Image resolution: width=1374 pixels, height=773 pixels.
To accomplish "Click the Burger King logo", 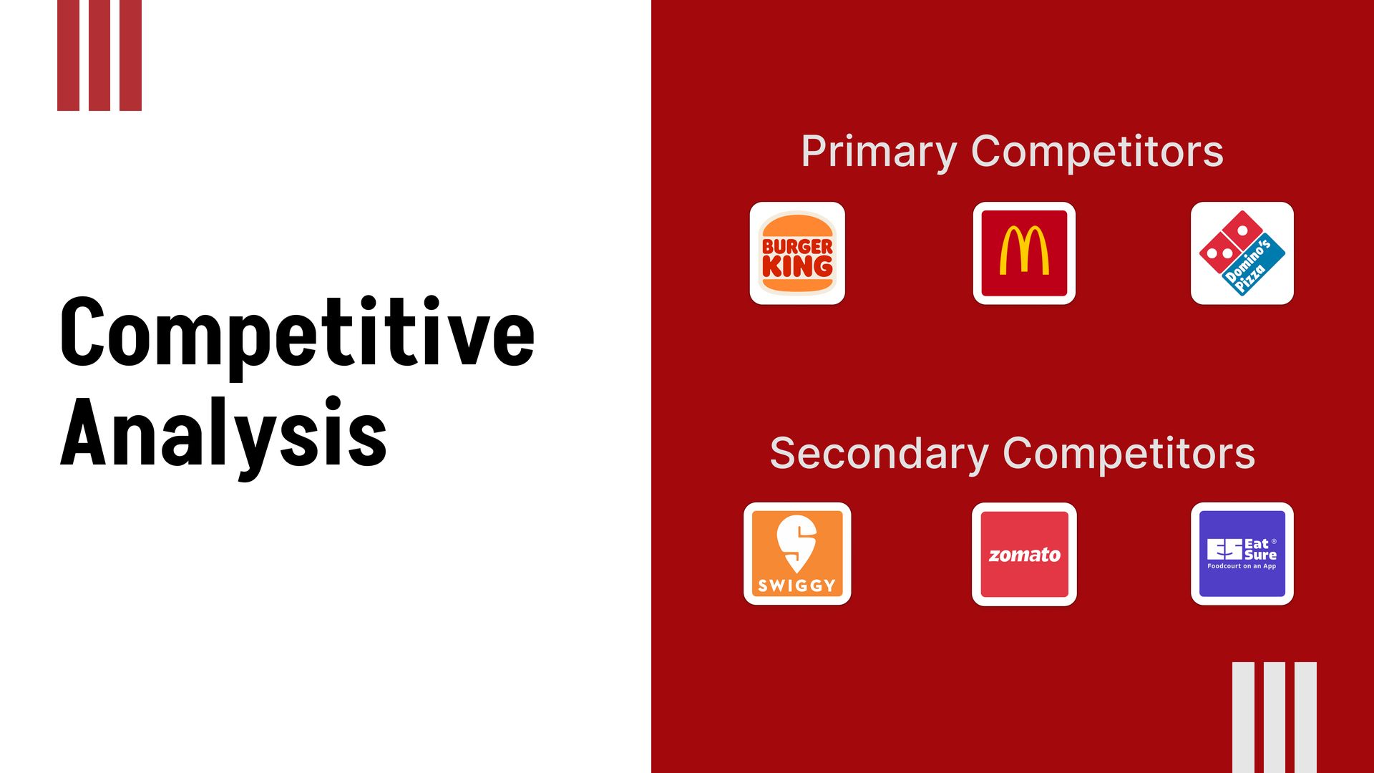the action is pos(797,253).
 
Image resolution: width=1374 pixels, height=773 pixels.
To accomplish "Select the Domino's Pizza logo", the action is pos(1242,253).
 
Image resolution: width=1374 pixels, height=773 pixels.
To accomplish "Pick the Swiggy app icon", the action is pos(797,553).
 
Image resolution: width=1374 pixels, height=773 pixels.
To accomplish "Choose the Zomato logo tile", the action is pos(1024,554).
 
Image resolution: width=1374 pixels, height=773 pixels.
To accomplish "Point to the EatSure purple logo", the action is pos(1242,553).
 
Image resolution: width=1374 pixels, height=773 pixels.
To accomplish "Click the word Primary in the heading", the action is pos(879,152).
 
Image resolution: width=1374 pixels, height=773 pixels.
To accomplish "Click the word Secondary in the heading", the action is pos(879,454).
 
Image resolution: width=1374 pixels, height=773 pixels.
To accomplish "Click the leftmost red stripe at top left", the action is pos(68,55).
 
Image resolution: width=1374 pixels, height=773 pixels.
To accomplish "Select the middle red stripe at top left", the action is pos(99,55).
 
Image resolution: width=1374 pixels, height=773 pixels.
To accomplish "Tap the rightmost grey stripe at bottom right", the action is pos(1305,717).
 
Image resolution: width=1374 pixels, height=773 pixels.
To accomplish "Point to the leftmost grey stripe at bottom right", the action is pos(1243,717).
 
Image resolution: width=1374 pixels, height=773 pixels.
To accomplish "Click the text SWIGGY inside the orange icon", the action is pos(797,585).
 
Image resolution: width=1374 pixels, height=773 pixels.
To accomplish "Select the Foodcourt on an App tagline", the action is pos(1242,566).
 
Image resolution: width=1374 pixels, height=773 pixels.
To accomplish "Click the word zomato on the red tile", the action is pos(1024,555).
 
